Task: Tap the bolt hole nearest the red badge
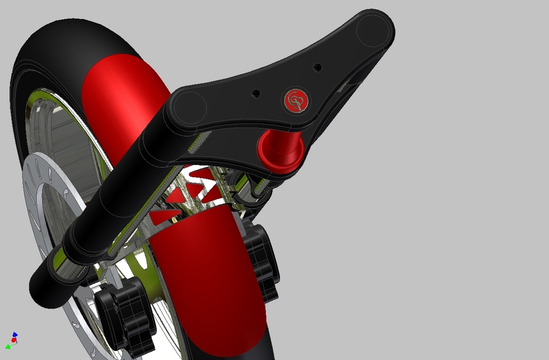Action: point(256,93)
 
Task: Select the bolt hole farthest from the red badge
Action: point(318,67)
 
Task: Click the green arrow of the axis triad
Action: point(9,346)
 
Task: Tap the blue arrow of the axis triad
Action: point(15,335)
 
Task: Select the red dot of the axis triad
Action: point(14,340)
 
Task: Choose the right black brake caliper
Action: point(262,260)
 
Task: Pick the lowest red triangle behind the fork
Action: point(166,216)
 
